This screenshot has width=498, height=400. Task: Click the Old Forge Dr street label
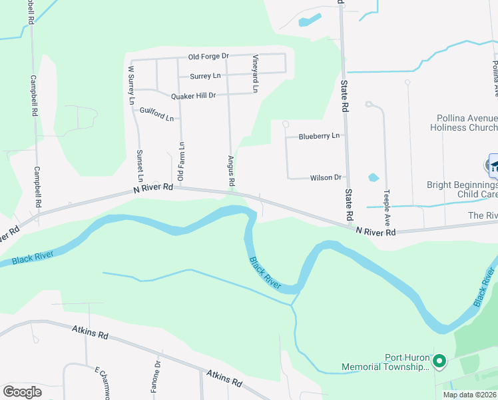[x=208, y=57]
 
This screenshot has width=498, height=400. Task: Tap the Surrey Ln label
[x=205, y=76]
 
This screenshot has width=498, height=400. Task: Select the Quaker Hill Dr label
[x=194, y=95]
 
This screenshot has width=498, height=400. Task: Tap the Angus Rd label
[x=231, y=171]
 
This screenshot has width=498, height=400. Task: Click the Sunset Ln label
[x=140, y=166]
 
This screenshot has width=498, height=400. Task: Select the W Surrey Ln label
[x=132, y=85]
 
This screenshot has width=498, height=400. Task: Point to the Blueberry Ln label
[x=319, y=136]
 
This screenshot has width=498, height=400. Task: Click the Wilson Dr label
[x=326, y=178]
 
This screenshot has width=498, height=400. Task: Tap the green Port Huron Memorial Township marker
[x=439, y=362]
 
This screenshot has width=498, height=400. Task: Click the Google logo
[x=23, y=392]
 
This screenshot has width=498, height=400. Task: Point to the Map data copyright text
[x=469, y=395]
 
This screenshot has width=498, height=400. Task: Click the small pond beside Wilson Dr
[x=373, y=178]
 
